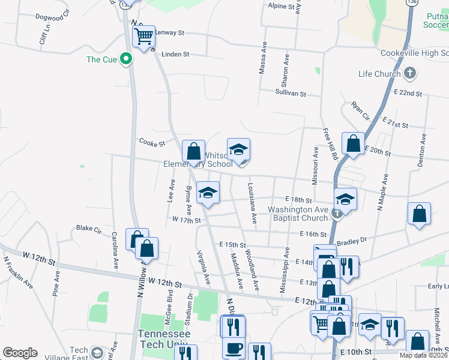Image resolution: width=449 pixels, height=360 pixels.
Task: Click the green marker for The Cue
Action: (x=126, y=59)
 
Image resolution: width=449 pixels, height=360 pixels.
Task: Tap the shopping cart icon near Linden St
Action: (x=143, y=37)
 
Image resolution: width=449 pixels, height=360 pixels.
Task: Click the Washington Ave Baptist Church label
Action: (x=298, y=214)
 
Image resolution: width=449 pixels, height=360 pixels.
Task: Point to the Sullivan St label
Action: (x=291, y=94)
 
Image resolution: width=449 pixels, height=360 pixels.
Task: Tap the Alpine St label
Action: (x=283, y=6)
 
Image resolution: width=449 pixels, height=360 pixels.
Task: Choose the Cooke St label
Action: (x=152, y=144)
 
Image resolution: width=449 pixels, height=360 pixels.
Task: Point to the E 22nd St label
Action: (x=408, y=94)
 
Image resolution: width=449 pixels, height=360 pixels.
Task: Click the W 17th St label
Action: (x=185, y=220)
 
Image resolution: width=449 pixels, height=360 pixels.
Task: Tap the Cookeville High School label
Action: (x=414, y=53)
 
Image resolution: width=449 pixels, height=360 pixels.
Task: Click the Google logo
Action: (x=20, y=353)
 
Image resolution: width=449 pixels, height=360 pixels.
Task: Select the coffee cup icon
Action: (x=233, y=347)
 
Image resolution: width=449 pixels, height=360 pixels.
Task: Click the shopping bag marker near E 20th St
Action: (x=353, y=143)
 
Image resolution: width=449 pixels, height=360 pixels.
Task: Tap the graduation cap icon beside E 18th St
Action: (x=345, y=199)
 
